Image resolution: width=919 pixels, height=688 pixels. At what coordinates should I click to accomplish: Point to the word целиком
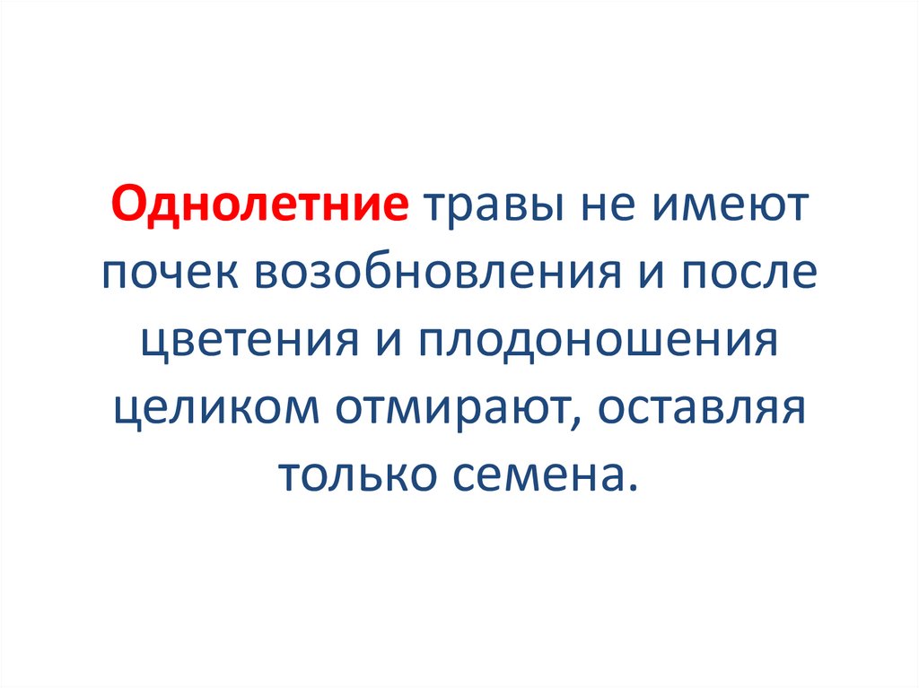pos(216,408)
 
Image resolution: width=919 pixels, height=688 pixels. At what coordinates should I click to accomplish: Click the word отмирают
pos(457,408)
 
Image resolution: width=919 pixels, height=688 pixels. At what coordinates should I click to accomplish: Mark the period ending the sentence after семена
pos(634,489)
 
